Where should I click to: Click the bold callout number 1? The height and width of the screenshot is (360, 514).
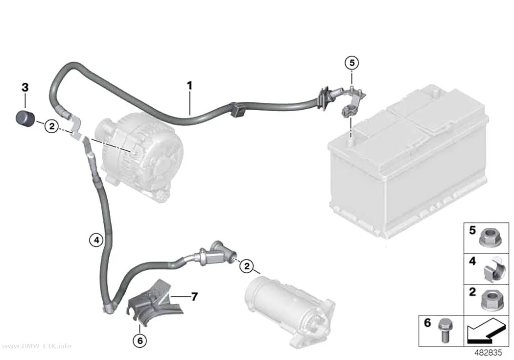189,86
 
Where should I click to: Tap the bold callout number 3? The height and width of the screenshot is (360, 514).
25,88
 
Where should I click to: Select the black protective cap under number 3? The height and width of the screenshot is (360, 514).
25,119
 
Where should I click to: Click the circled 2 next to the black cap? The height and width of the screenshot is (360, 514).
51,126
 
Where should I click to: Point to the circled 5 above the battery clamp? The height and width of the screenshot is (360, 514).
352,63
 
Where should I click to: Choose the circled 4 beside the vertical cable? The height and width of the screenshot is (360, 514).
96,240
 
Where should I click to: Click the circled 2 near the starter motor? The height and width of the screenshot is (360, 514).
247,266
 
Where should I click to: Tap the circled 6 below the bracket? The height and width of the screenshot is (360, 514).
140,341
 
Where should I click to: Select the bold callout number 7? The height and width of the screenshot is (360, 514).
195,297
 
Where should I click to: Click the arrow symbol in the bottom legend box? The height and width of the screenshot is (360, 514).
486,331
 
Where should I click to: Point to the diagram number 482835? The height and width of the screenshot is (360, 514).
488,353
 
